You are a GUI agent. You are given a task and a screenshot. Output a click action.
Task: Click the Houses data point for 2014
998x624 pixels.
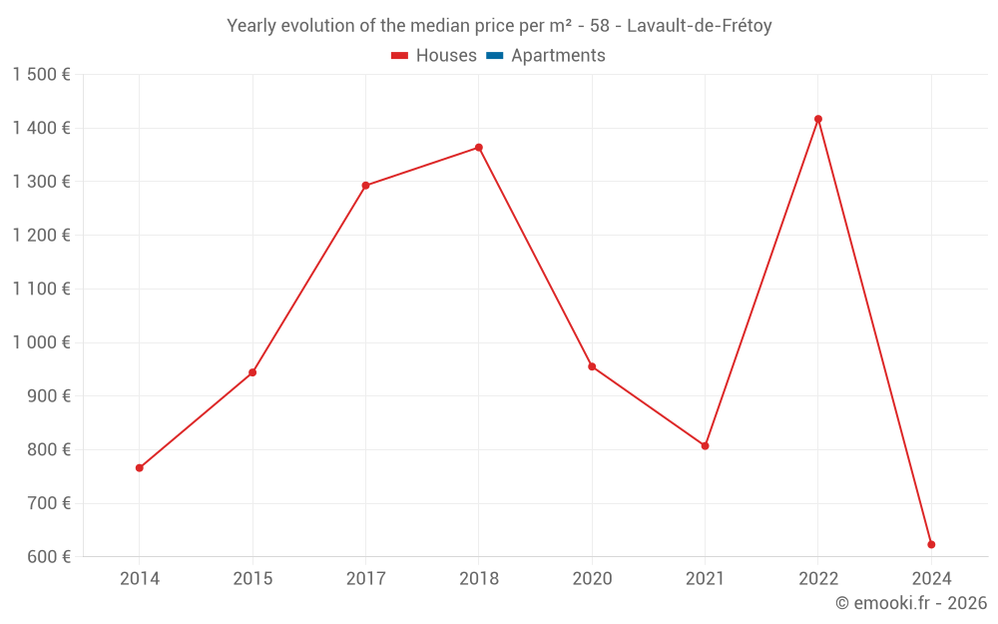(140, 468)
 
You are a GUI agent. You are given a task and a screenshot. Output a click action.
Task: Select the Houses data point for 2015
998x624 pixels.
(252, 372)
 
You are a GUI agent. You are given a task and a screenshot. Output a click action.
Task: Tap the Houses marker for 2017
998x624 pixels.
(365, 186)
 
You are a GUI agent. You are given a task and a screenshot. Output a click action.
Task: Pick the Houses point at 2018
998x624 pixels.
(479, 148)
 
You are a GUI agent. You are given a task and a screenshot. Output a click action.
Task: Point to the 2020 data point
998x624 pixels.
(592, 366)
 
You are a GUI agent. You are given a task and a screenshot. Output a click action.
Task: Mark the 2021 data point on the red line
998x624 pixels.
(705, 446)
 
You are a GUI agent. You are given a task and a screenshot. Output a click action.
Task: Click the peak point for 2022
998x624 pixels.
(818, 119)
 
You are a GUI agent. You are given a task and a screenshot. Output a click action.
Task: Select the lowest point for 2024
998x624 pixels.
(931, 545)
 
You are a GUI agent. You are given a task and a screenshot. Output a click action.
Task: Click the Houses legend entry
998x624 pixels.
(434, 56)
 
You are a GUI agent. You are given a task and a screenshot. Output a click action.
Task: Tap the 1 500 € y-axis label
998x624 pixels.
(41, 75)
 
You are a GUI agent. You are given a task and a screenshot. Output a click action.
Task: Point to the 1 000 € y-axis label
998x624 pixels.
(41, 342)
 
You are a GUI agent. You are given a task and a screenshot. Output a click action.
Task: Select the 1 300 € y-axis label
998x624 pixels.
(41, 182)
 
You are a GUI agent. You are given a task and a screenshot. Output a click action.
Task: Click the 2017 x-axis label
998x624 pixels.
(365, 579)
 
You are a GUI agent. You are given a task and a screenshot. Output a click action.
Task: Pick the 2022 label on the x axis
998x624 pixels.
(818, 579)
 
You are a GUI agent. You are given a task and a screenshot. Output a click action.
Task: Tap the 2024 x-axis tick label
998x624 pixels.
(931, 579)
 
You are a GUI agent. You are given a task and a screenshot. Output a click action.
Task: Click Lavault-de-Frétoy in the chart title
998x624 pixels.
(699, 26)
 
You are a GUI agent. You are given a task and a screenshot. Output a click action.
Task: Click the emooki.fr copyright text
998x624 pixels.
(910, 603)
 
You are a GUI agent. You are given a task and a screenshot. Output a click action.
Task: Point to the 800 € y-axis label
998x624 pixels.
(47, 450)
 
